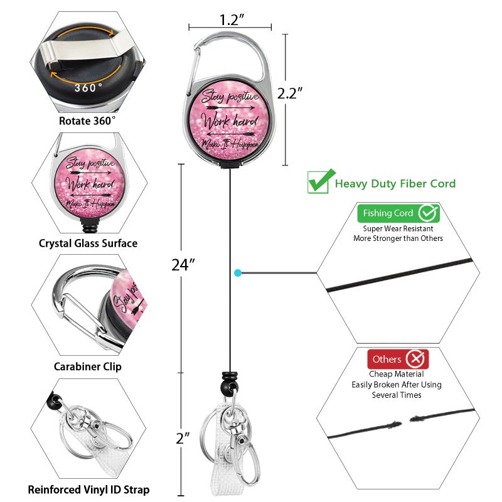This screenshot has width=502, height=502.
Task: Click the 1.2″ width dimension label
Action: (232, 20)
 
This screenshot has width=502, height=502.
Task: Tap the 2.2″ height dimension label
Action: (290, 93)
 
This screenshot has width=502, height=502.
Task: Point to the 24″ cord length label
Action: (183, 265)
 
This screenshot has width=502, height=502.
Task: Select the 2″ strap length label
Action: (183, 437)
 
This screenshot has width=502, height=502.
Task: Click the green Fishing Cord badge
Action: (398, 213)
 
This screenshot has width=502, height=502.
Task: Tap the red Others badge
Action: (398, 359)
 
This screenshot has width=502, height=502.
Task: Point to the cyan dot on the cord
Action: (238, 273)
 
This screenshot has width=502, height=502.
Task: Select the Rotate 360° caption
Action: (87, 121)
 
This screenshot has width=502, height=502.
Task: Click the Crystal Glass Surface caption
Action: (88, 243)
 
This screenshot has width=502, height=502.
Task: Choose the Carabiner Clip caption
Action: (87, 366)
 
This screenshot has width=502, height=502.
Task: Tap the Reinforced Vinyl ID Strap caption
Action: (88, 489)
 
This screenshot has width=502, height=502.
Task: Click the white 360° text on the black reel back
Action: (88, 87)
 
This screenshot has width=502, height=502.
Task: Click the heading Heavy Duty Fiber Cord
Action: (395, 183)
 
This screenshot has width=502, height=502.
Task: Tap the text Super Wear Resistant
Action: (398, 228)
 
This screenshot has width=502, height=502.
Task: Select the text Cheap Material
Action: (397, 374)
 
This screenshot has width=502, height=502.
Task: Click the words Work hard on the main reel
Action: (230, 121)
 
